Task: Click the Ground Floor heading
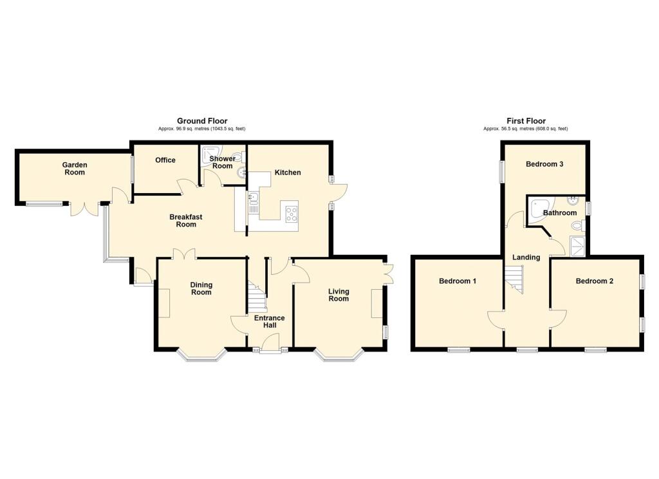[202, 121]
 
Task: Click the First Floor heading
[526, 121]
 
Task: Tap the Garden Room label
[75, 169]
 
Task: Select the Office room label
[165, 160]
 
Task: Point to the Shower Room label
[222, 162]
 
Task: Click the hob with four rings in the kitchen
[291, 211]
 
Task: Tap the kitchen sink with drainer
[254, 204]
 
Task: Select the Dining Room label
[201, 288]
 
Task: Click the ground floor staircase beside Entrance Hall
[257, 297]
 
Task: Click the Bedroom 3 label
[544, 164]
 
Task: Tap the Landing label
[526, 258]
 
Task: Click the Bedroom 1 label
[458, 281]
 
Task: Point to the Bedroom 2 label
[595, 281]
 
